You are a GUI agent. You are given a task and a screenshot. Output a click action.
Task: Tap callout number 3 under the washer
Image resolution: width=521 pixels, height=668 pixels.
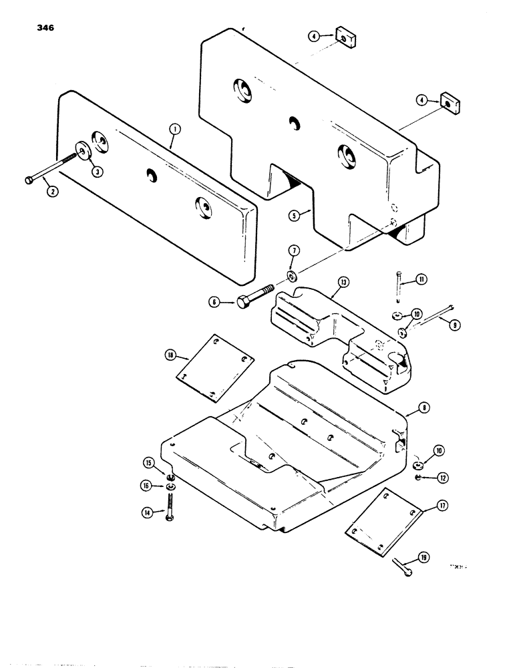pos(97,172)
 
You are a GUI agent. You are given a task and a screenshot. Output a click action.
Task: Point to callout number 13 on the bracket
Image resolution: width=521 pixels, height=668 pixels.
pos(343,282)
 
